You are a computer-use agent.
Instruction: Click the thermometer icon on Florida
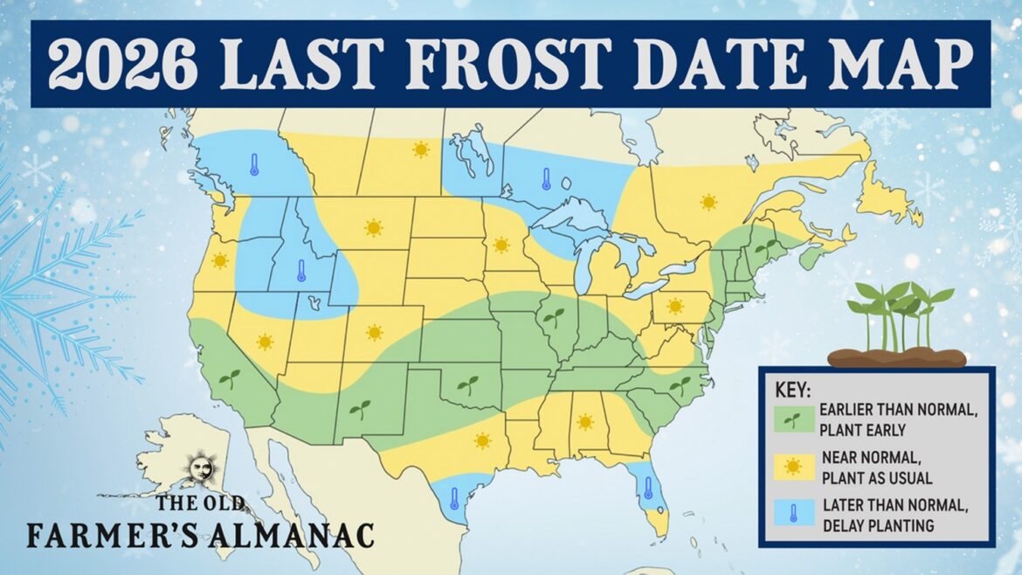point(648,488)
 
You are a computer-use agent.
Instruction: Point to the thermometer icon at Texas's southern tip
point(454,499)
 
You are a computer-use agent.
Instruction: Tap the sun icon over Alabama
point(584,423)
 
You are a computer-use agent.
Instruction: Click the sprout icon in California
point(229,378)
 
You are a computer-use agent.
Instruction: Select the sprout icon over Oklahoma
point(468,384)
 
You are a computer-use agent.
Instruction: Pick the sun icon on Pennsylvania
point(674,306)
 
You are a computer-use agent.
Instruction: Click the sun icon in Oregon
point(220,260)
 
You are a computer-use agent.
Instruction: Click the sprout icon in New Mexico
point(360,408)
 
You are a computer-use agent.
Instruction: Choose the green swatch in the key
point(792,419)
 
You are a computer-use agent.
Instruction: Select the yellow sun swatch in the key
point(792,467)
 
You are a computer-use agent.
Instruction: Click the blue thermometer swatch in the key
point(792,514)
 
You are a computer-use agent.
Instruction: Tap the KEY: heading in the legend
point(792,387)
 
